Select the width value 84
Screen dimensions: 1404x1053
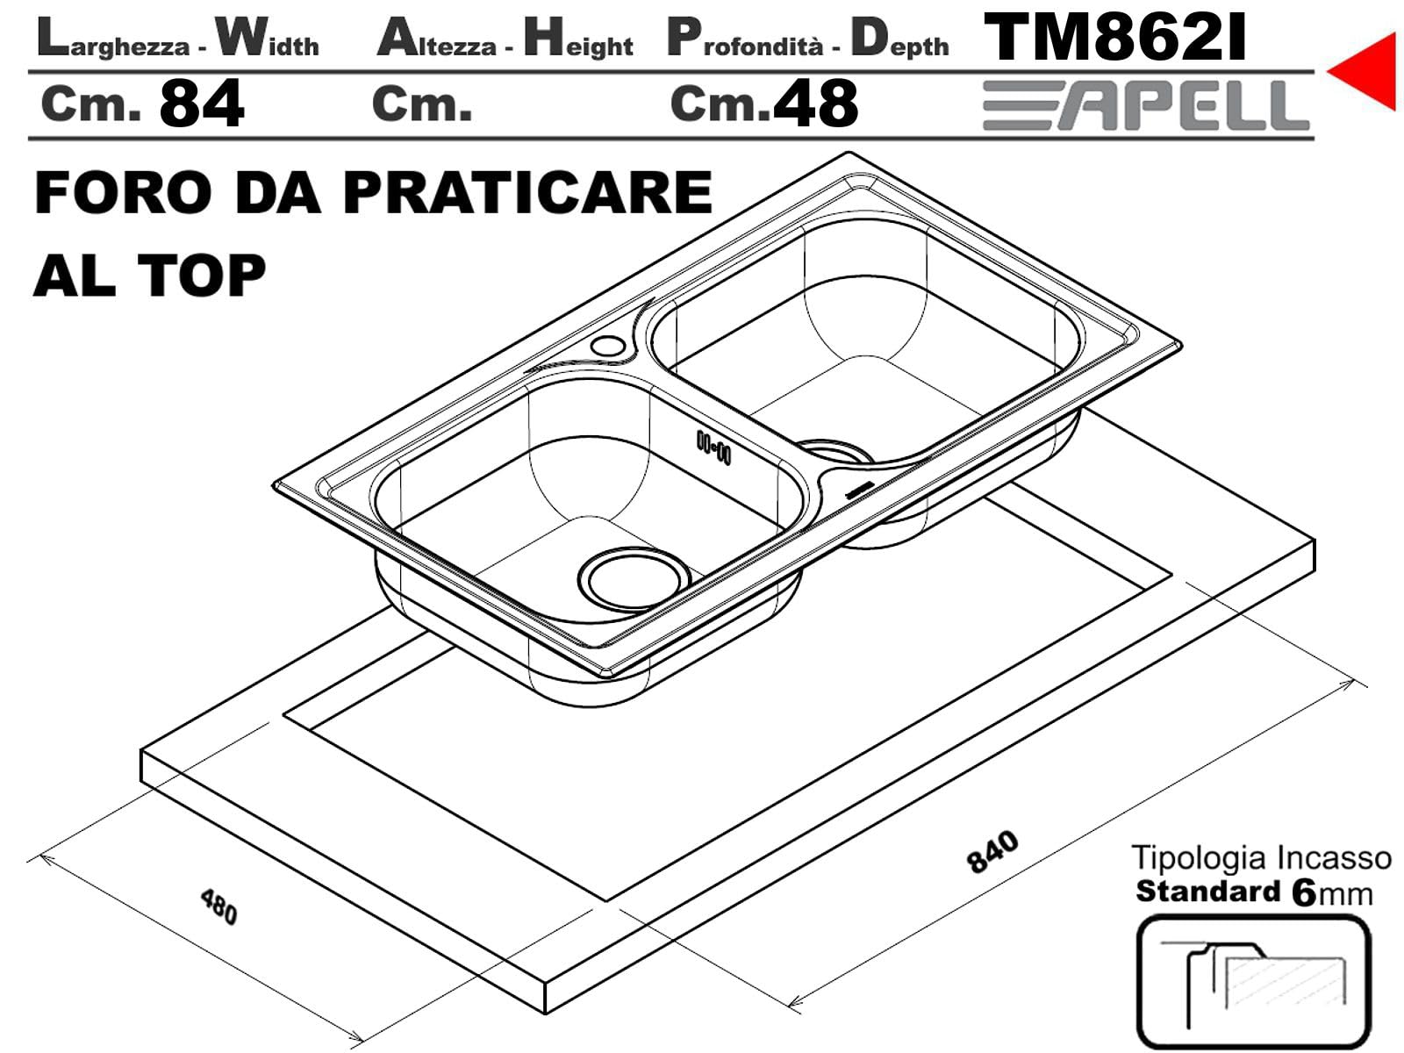(202, 104)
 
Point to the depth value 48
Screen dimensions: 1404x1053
(815, 104)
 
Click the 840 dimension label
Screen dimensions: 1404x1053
(992, 852)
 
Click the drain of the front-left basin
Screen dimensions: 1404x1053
(634, 579)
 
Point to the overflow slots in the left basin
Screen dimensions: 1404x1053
(713, 447)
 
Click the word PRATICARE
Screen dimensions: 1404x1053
(527, 192)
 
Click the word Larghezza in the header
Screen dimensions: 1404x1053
(114, 39)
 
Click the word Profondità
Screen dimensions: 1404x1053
(745, 39)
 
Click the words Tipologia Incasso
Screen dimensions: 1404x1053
(1261, 858)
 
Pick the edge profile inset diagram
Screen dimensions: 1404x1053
(1254, 982)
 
